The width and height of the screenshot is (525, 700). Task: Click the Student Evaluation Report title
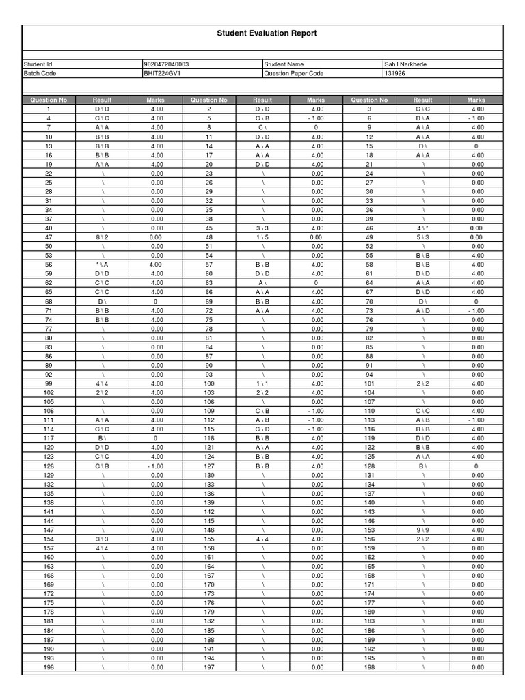point(267,33)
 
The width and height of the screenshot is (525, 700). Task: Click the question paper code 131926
point(395,73)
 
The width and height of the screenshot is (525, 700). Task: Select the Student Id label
point(38,64)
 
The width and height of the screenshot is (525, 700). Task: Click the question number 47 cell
point(49,237)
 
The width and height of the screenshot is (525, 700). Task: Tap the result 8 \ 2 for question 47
point(102,237)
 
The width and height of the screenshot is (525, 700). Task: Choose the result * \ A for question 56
point(102,265)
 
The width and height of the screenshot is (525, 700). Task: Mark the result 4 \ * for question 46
point(423,228)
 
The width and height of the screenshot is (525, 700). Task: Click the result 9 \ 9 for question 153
point(423,530)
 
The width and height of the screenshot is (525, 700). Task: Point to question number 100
point(209,383)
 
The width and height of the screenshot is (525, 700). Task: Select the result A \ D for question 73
point(423,310)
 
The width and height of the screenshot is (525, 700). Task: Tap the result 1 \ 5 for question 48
point(262,237)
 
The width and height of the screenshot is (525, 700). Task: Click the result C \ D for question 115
point(262,429)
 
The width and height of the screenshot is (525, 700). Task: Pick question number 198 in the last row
point(369,667)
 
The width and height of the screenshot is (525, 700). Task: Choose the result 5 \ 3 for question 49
point(423,237)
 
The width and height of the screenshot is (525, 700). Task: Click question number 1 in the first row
point(49,109)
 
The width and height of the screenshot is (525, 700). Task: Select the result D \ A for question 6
point(423,118)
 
